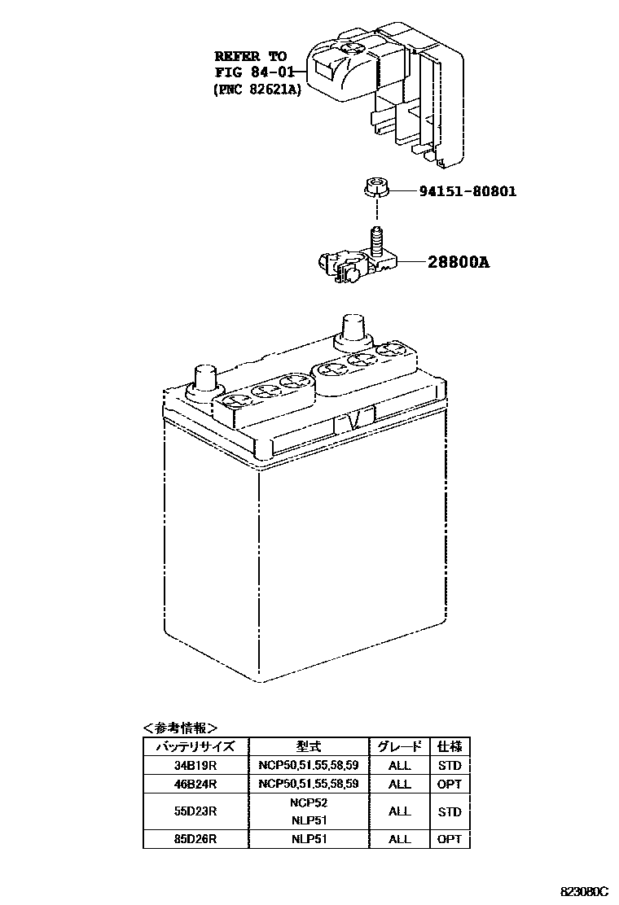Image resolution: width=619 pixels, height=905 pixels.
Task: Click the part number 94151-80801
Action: [x=468, y=192]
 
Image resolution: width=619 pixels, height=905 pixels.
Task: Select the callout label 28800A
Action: [x=459, y=263]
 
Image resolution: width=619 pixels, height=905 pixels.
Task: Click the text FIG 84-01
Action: [x=252, y=73]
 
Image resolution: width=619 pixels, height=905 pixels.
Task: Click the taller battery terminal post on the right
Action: [x=353, y=330]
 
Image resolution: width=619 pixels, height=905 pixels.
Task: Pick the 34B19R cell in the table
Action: [x=195, y=765]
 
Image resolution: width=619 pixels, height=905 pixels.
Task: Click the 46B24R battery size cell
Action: [x=195, y=784]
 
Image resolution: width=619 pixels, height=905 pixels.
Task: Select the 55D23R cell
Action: [x=195, y=811]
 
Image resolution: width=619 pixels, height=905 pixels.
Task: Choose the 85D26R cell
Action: [x=195, y=839]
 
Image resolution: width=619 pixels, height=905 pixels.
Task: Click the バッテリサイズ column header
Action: [x=195, y=746]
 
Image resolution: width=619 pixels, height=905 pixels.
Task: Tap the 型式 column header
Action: [x=309, y=746]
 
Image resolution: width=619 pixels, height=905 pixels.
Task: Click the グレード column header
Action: [x=399, y=746]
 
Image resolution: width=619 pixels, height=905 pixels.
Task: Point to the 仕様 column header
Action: [x=449, y=746]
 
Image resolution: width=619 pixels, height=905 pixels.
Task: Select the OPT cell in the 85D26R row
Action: [x=449, y=839]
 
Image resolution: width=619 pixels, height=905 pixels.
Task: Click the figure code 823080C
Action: [x=583, y=892]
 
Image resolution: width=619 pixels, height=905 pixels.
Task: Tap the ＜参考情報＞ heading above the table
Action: [x=180, y=728]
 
